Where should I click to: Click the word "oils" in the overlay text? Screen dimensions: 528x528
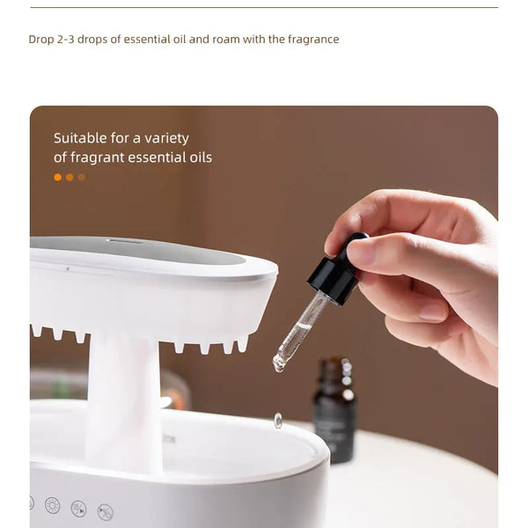(198, 158)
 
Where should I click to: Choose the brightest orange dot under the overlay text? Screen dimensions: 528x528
(58, 177)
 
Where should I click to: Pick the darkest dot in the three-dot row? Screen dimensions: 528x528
(82, 177)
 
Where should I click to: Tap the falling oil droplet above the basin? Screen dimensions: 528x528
(278, 421)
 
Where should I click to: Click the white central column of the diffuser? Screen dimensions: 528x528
(123, 396)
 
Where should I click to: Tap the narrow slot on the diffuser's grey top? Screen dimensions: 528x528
(125, 240)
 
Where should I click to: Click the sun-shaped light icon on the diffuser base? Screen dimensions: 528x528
(52, 505)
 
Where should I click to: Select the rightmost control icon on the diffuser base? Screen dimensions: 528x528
(105, 511)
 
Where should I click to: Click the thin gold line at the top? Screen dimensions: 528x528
(264, 7)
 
